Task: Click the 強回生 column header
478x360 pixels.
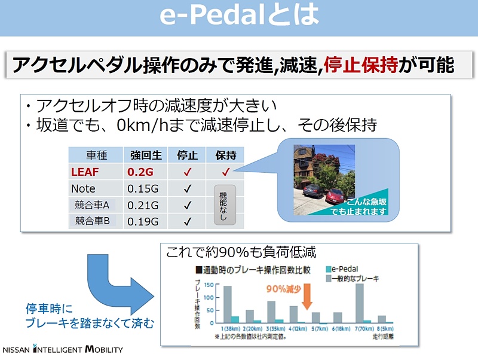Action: tap(145, 155)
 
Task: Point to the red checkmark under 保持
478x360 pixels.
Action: tap(225, 172)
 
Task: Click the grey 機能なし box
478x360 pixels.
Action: tap(223, 205)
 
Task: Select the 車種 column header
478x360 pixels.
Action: tap(96, 155)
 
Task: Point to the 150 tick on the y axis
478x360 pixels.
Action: tap(210, 284)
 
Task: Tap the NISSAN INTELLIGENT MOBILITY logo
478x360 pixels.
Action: tap(63, 350)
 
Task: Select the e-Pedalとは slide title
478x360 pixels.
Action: tap(239, 17)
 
